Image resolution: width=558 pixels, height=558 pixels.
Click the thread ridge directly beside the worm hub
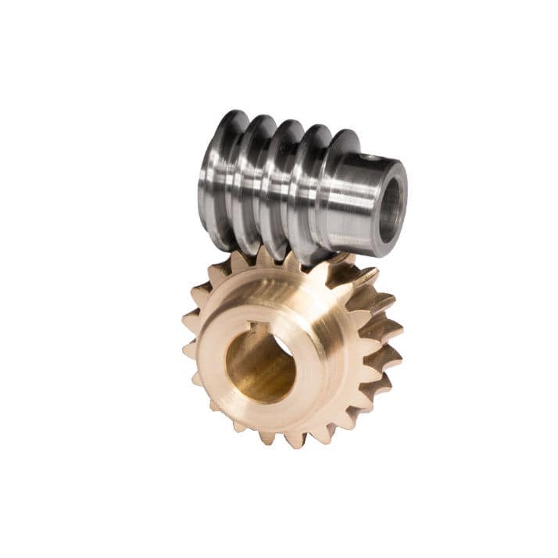338,191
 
